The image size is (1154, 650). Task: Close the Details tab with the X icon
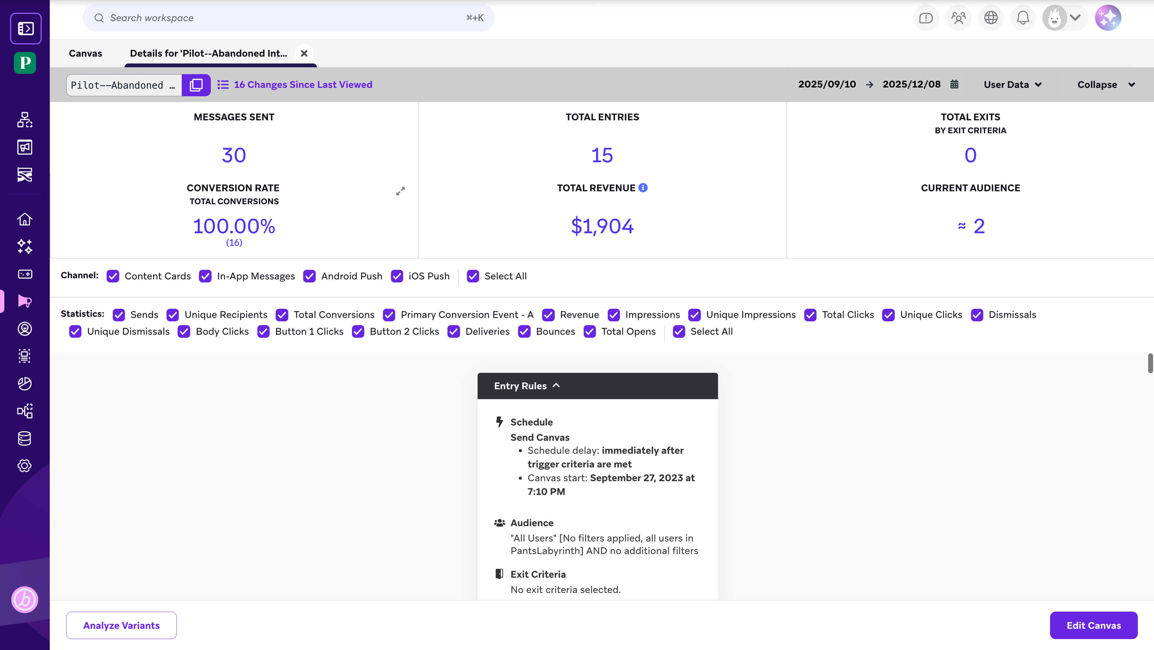[x=304, y=53]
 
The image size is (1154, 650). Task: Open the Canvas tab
[x=85, y=53]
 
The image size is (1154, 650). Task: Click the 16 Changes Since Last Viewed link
[x=303, y=85]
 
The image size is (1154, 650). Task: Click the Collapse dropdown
[x=1106, y=85]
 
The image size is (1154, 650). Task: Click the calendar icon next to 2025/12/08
[x=954, y=84]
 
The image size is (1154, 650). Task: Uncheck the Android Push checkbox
[x=310, y=276]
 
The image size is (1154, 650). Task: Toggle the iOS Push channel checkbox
[x=397, y=276]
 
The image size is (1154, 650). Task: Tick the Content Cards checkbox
[x=113, y=276]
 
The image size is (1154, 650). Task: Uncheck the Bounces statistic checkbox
[x=524, y=332]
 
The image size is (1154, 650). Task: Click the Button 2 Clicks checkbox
[x=358, y=332]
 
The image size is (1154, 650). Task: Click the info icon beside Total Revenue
[x=643, y=188]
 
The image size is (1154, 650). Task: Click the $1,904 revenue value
[x=602, y=226]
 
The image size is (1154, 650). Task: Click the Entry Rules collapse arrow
[x=556, y=385]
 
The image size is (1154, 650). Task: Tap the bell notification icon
[x=1023, y=18]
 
